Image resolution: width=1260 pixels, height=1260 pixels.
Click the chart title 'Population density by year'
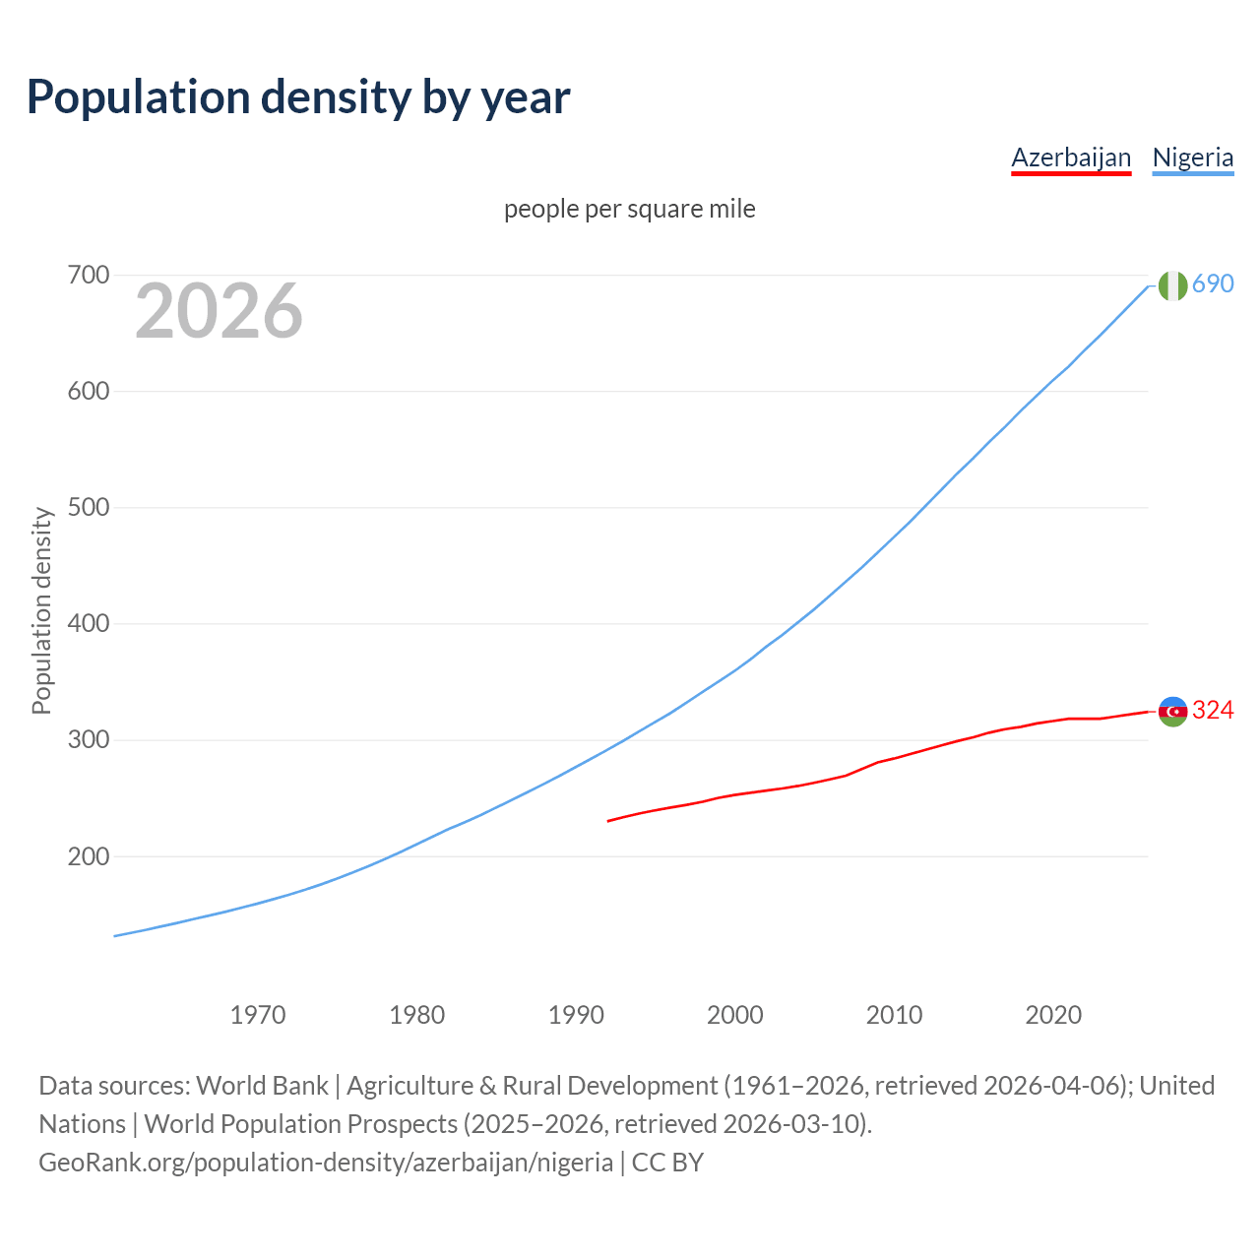click(298, 97)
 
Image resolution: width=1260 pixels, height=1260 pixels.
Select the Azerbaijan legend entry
click(1071, 157)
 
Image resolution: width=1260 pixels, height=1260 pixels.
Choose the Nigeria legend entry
click(1192, 157)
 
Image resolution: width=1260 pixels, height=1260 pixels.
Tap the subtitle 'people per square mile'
click(630, 209)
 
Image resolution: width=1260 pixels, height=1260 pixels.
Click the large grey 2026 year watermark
click(219, 311)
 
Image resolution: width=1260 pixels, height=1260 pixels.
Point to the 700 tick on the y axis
click(88, 275)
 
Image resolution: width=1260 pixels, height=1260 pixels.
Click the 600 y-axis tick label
click(88, 391)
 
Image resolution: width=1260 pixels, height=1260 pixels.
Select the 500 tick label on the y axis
click(88, 507)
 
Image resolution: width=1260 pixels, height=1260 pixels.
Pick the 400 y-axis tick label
click(88, 623)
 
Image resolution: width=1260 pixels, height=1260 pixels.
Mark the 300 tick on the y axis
click(88, 739)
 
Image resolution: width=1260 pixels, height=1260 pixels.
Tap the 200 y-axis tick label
click(88, 856)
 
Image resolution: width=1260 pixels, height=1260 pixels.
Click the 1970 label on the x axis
click(258, 1015)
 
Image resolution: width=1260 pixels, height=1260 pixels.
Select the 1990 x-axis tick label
click(576, 1015)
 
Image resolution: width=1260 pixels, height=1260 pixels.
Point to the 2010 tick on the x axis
click(894, 1015)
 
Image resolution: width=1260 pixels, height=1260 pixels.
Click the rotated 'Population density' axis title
click(41, 610)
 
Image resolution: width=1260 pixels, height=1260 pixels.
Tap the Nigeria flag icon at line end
click(1172, 285)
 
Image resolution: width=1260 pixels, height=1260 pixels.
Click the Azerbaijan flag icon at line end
click(1172, 712)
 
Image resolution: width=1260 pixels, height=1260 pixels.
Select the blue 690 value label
click(1213, 283)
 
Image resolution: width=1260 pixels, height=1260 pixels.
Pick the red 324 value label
click(1213, 710)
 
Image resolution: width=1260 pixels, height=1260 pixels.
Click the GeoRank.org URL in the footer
click(326, 1163)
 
